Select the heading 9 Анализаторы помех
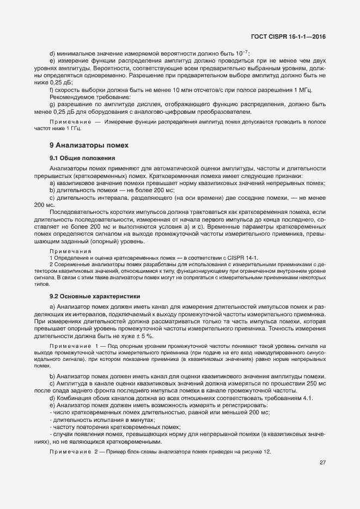(88, 145)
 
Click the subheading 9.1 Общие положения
(82, 158)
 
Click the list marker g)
(52, 103)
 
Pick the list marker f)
(52, 89)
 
